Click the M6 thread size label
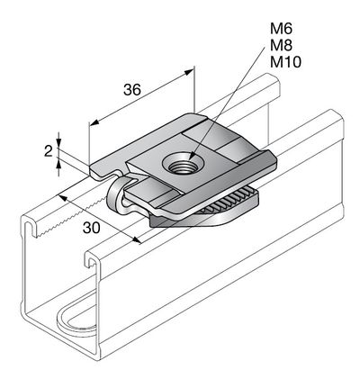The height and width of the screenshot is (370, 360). [281, 29]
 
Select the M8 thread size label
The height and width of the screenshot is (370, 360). [281, 46]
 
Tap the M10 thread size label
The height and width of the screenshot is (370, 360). [285, 62]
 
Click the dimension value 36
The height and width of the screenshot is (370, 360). [132, 89]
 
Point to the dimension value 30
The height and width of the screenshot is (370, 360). [92, 228]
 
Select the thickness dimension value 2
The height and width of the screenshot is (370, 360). [49, 151]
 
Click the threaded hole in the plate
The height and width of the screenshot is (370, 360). [183, 164]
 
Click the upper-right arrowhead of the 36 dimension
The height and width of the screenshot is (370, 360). [189, 72]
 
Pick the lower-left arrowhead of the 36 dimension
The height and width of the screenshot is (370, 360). [94, 122]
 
